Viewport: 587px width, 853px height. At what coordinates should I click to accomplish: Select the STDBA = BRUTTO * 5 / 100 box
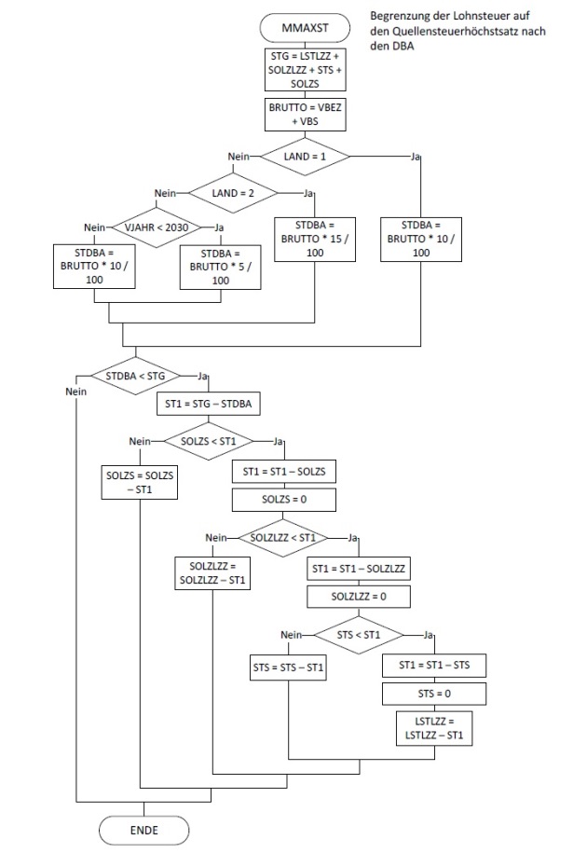[221, 267]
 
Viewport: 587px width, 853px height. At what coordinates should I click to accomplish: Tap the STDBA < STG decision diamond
[136, 376]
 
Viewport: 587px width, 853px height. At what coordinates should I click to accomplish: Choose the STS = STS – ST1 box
[290, 667]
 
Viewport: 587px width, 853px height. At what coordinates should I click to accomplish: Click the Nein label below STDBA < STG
[75, 392]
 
